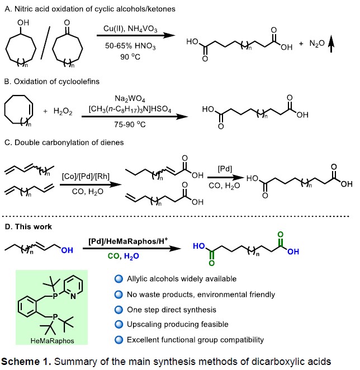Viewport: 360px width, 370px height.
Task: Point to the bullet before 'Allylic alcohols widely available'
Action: (x=117, y=279)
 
